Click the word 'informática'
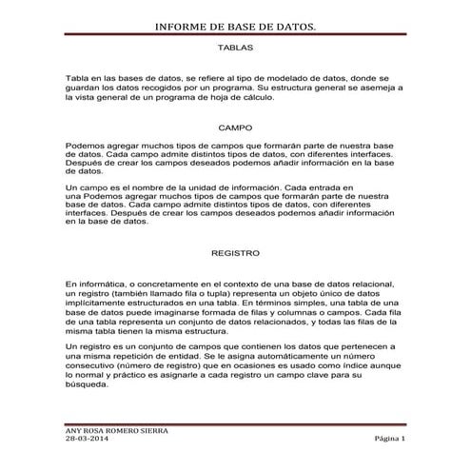coord(99,285)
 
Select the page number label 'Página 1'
coord(389,439)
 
